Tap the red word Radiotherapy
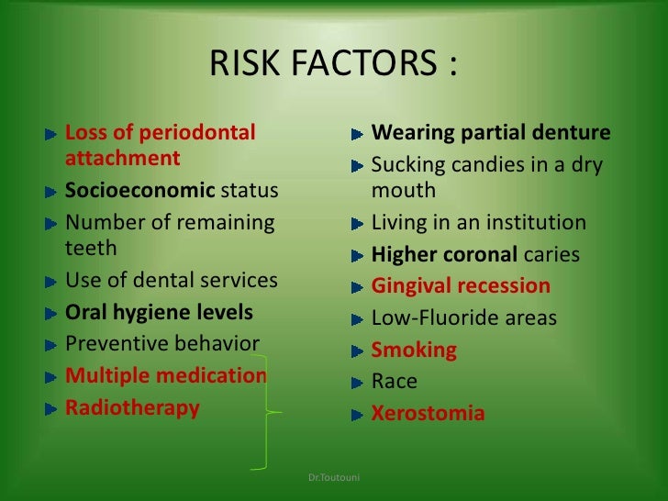pyautogui.click(x=132, y=408)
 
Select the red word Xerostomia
pyautogui.click(x=428, y=413)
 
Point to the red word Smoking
pyautogui.click(x=414, y=351)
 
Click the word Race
pyautogui.click(x=395, y=382)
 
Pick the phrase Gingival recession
pyautogui.click(x=461, y=286)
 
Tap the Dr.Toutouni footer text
pyautogui.click(x=335, y=477)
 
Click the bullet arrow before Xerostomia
pyautogui.click(x=358, y=414)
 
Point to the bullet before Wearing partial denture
pyautogui.click(x=358, y=135)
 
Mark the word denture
pyautogui.click(x=572, y=133)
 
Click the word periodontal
pyautogui.click(x=196, y=133)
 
